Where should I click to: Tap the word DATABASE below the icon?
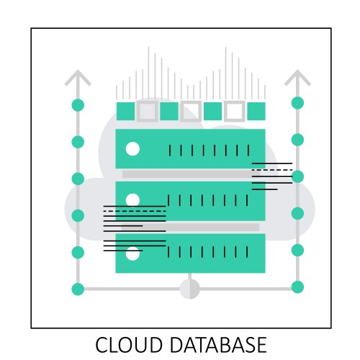click(x=214, y=344)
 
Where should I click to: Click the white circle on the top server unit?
click(x=132, y=149)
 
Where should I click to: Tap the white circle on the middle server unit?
click(x=132, y=199)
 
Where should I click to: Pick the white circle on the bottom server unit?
click(x=132, y=253)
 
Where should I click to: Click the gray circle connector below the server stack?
click(x=189, y=289)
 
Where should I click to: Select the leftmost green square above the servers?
click(x=125, y=111)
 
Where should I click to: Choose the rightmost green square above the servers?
click(x=256, y=111)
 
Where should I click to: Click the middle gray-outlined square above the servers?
click(x=191, y=111)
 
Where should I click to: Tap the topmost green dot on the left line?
click(x=78, y=105)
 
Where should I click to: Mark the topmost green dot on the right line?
click(x=297, y=102)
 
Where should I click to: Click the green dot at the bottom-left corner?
click(x=78, y=289)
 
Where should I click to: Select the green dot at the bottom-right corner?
click(x=297, y=287)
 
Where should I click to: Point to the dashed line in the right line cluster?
click(x=271, y=169)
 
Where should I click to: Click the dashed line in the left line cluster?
click(x=135, y=212)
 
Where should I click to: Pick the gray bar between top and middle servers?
click(x=187, y=174)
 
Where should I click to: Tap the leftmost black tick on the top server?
click(x=169, y=150)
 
